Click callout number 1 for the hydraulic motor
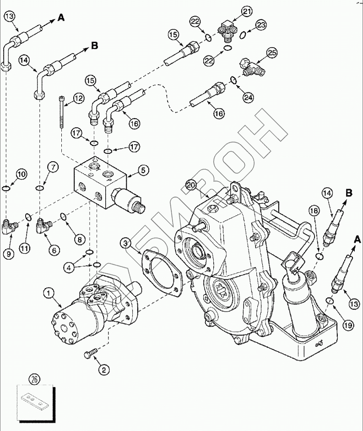[x=48, y=292]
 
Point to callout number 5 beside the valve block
[x=143, y=170]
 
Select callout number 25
[x=272, y=54]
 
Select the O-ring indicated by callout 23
[x=244, y=33]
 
